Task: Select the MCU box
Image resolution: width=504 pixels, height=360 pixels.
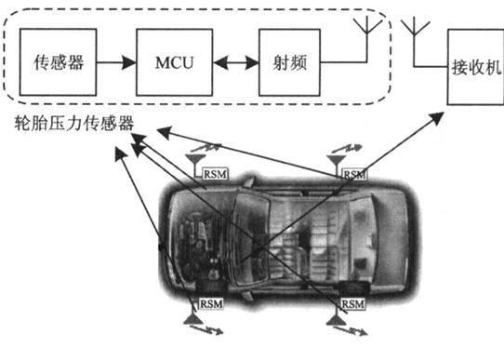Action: (176, 64)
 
